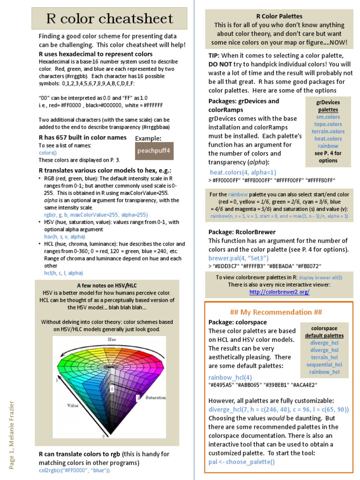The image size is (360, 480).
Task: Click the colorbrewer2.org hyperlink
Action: [x=279, y=292]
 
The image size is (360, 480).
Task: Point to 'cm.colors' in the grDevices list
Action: [x=328, y=117]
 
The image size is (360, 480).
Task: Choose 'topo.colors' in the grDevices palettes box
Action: [x=328, y=124]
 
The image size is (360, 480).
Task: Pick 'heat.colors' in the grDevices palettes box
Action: [x=328, y=139]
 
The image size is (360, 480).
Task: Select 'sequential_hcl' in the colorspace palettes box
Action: [x=324, y=365]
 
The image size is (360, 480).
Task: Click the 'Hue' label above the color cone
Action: [x=112, y=339]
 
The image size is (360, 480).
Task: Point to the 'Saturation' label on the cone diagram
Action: [x=156, y=397]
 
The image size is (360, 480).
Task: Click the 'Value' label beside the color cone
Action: [x=73, y=405]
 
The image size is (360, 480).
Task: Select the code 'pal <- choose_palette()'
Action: [x=241, y=462]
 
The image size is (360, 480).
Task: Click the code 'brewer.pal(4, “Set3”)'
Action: [x=239, y=258]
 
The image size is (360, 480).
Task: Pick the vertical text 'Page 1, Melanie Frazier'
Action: [x=12, y=434]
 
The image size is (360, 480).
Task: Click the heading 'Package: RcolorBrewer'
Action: [x=242, y=232]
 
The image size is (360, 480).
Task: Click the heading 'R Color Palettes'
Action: [x=279, y=16]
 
